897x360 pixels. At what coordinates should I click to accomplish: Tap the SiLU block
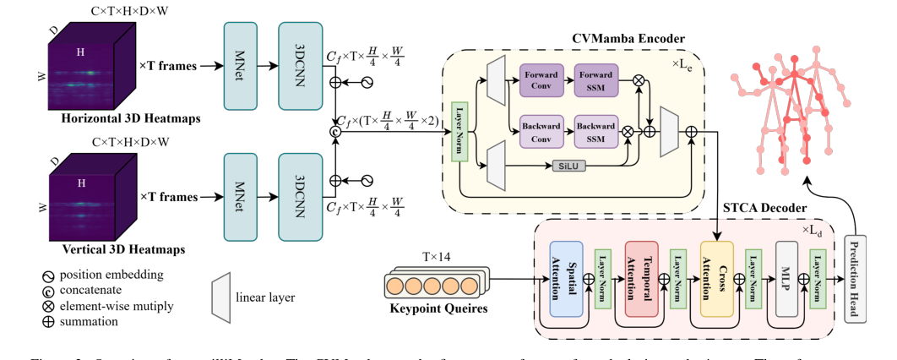coord(567,166)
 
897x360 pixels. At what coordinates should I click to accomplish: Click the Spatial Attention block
coord(567,278)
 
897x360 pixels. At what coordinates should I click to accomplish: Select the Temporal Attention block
coord(642,278)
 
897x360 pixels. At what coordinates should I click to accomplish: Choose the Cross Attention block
coord(717,278)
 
